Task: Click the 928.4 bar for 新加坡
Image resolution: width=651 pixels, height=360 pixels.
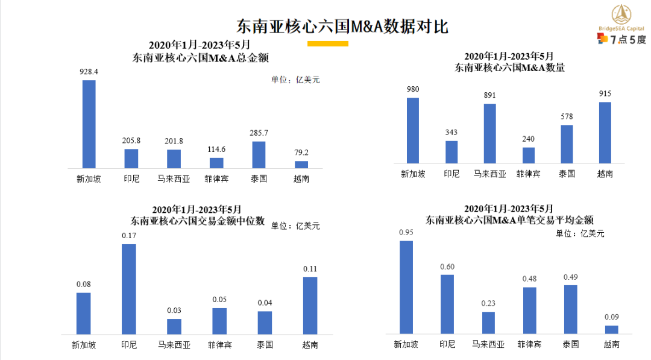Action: click(x=89, y=124)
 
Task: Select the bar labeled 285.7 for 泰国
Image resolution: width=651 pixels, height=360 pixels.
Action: click(x=259, y=154)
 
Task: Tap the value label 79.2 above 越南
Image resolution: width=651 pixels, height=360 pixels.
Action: click(x=301, y=153)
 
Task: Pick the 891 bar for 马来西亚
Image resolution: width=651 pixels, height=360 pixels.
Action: click(x=489, y=133)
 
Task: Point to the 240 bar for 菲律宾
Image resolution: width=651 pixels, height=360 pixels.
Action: click(x=528, y=155)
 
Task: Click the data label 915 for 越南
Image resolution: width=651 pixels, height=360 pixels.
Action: click(x=605, y=93)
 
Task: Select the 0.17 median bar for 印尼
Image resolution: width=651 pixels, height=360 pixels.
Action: click(x=129, y=289)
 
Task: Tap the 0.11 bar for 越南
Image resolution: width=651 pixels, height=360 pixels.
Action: click(x=310, y=305)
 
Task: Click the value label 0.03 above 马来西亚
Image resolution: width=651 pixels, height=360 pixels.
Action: click(x=174, y=311)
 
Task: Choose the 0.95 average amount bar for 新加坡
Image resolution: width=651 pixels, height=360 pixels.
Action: click(x=406, y=287)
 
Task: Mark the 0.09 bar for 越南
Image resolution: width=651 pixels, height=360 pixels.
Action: click(x=612, y=329)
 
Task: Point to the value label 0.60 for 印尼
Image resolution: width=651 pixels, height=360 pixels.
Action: click(x=447, y=267)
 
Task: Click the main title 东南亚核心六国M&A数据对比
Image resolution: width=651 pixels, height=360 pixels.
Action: click(x=342, y=27)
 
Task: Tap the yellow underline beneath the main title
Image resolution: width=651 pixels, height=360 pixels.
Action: click(x=327, y=43)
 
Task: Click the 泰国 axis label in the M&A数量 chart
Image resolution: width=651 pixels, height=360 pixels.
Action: click(x=567, y=174)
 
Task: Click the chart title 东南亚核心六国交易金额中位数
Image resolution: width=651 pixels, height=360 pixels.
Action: click(x=198, y=221)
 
